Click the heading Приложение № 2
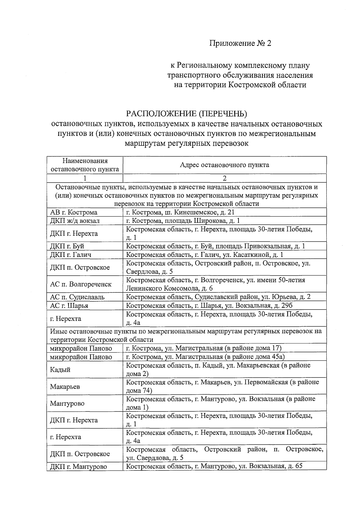click(240, 43)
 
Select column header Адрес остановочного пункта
click(224, 165)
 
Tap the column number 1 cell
click(85, 178)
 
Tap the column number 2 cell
click(224, 178)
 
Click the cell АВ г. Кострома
click(74, 213)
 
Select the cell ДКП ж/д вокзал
click(75, 221)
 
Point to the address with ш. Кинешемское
click(180, 213)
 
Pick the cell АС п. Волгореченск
click(81, 284)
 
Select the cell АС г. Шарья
click(69, 306)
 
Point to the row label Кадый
click(60, 370)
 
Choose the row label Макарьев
click(65, 387)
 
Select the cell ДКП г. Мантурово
click(78, 467)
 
